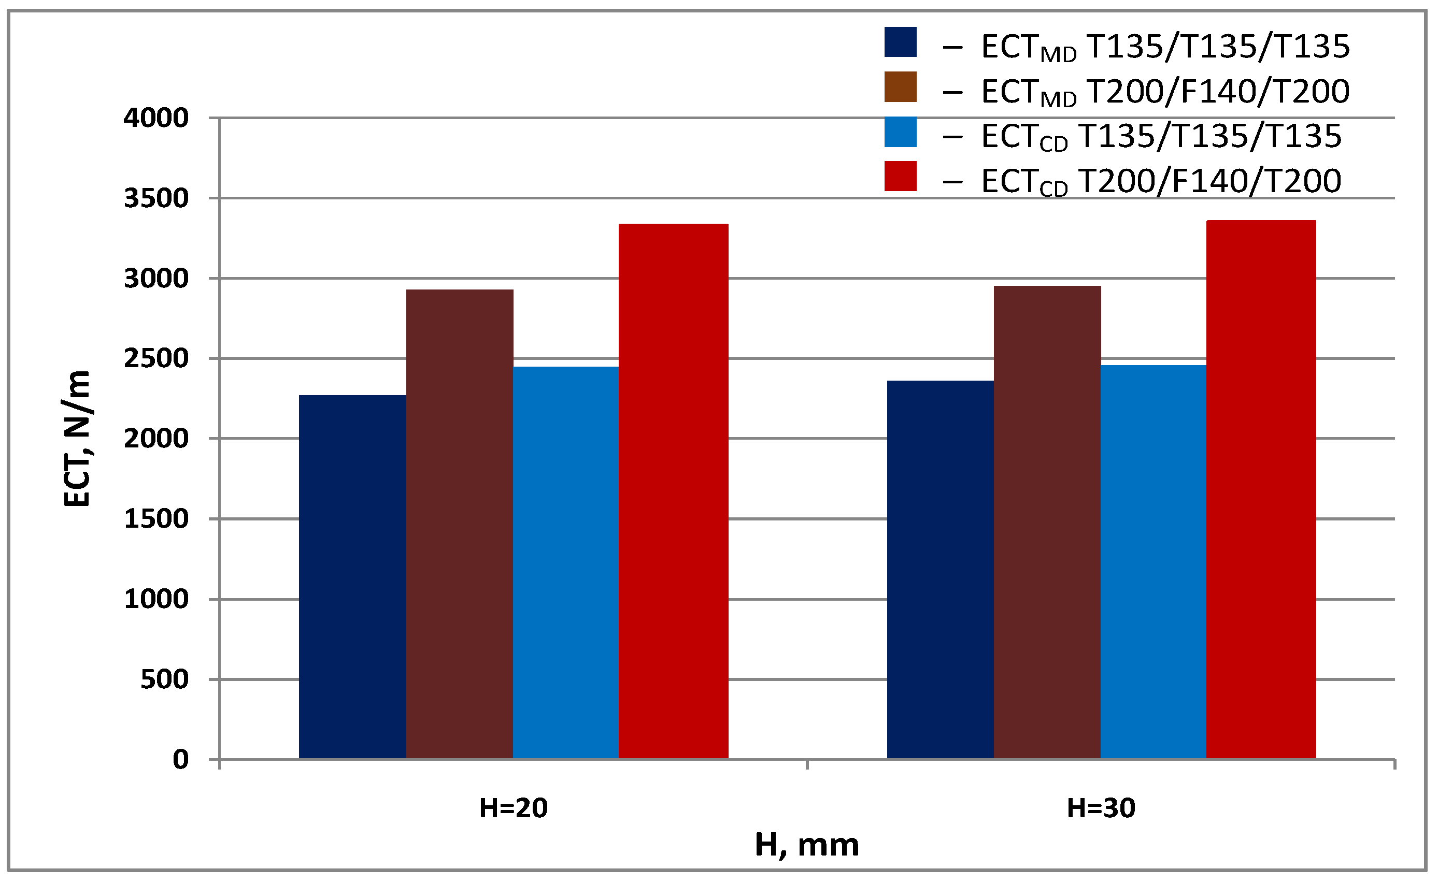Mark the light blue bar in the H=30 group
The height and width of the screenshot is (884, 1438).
tap(1153, 562)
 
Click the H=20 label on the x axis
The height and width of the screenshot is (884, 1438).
tap(513, 808)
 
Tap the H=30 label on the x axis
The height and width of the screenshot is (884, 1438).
tap(1101, 808)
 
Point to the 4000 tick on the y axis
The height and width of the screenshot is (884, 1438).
tap(155, 118)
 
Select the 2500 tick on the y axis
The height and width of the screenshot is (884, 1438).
tap(155, 358)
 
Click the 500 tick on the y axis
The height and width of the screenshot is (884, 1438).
tap(164, 679)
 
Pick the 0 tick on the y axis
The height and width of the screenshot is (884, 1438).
tap(180, 760)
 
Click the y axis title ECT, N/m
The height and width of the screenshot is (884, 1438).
tap(77, 439)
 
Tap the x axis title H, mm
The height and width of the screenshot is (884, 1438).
tap(806, 845)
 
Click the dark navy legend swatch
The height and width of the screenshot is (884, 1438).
tap(900, 42)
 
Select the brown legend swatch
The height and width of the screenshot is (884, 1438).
tap(900, 87)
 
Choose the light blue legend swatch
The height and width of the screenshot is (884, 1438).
tap(900, 132)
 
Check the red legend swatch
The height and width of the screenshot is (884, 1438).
tap(900, 177)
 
